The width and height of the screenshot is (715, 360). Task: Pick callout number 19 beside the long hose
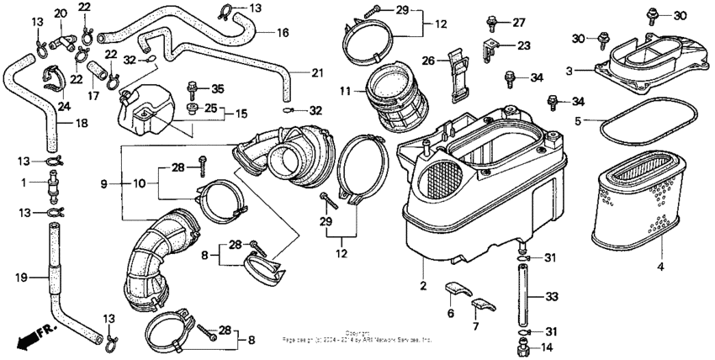20,276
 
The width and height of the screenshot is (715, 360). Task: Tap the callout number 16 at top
283,33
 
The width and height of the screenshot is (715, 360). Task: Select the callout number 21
316,73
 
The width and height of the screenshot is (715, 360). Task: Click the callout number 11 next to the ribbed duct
345,90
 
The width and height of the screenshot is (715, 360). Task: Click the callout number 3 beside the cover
569,71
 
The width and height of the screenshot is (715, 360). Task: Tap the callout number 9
104,183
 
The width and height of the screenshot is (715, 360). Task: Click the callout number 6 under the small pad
450,313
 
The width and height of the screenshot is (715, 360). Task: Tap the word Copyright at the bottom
357,333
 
